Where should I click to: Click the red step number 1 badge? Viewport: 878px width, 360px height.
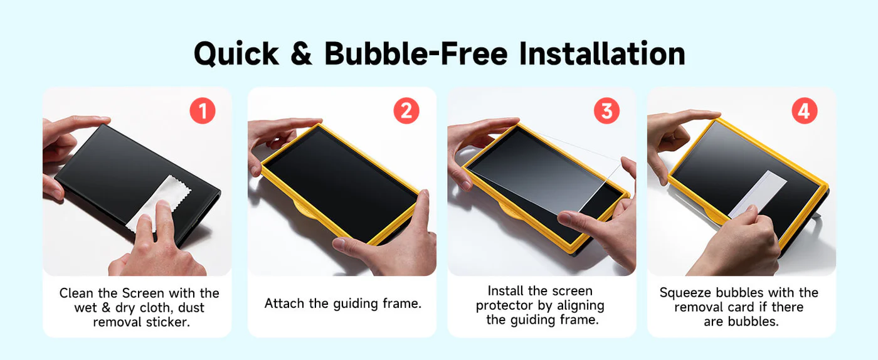click(203, 111)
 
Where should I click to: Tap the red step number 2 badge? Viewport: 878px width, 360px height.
click(406, 111)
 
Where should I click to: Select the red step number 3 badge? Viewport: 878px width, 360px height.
click(607, 111)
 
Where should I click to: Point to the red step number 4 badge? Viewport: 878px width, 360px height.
click(805, 111)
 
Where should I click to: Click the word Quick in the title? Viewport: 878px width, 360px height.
click(236, 54)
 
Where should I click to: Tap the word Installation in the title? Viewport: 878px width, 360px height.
click(602, 53)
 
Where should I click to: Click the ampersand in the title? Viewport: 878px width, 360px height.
click(302, 54)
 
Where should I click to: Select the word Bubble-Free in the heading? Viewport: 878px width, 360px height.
click(416, 53)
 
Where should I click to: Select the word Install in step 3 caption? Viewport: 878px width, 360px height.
click(505, 291)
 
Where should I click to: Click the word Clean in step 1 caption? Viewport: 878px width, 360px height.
click(77, 293)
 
